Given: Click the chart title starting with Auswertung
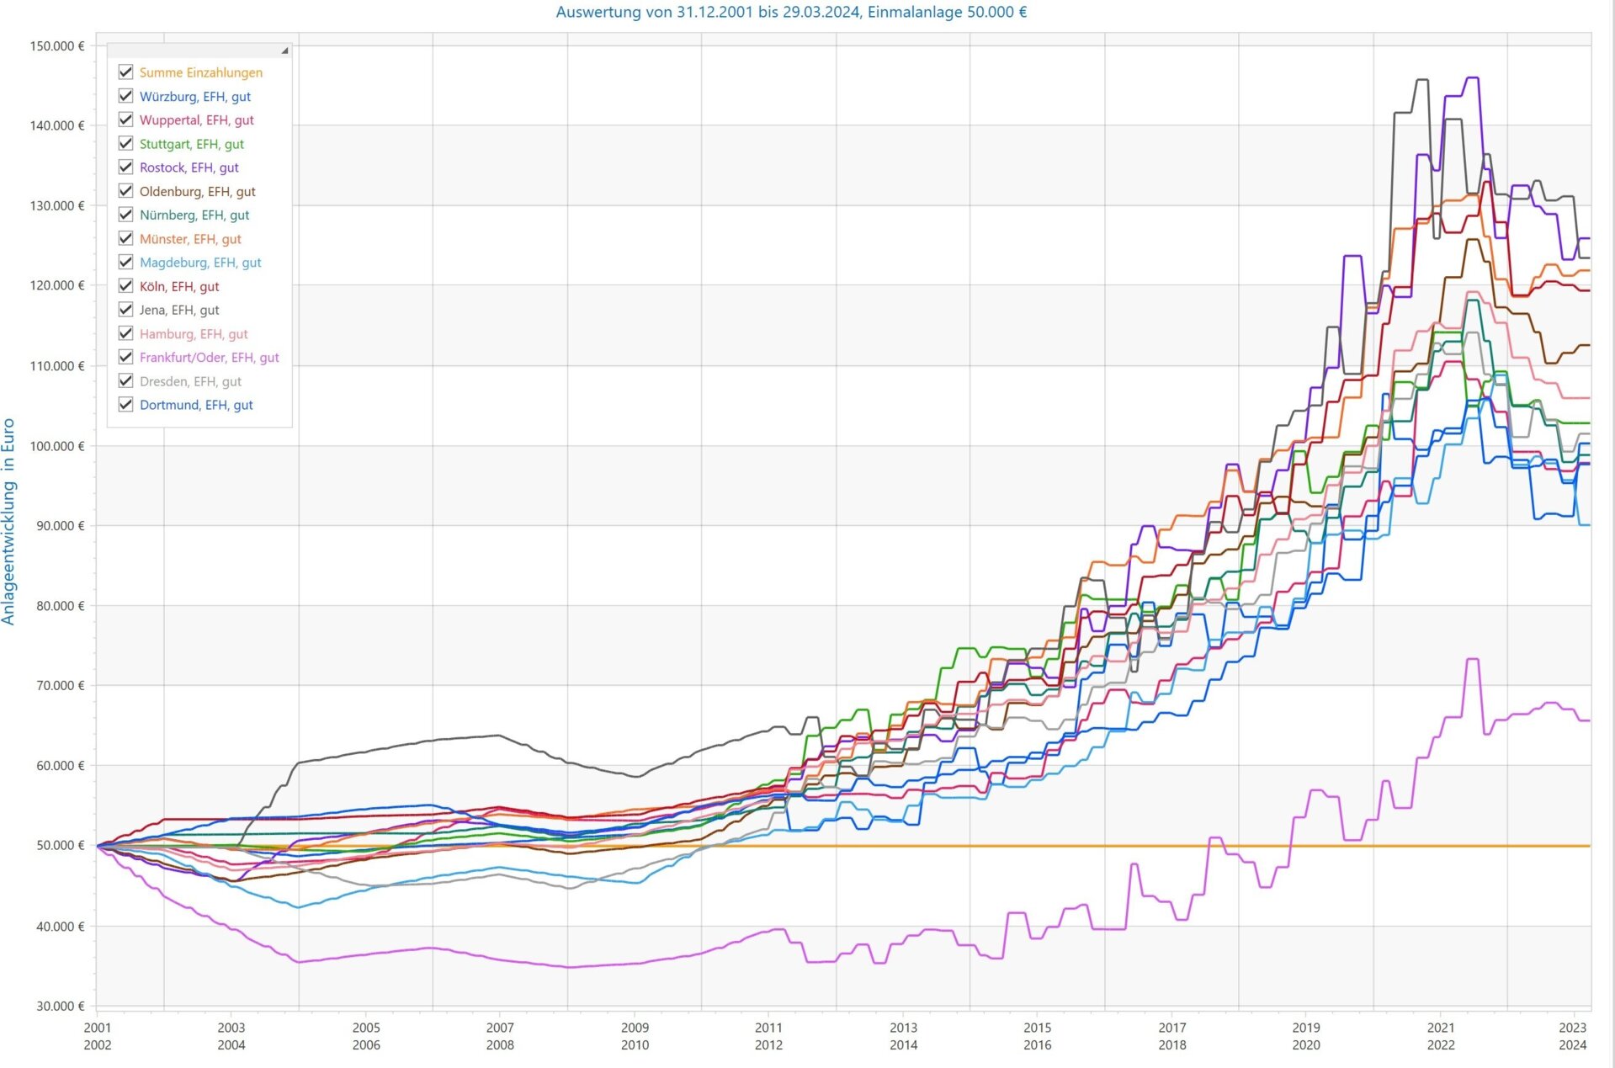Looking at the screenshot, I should tap(791, 13).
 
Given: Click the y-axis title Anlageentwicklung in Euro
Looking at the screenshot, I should tap(9, 522).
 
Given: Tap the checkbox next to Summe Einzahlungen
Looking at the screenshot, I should tap(126, 72).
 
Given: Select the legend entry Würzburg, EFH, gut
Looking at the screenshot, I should tap(194, 97).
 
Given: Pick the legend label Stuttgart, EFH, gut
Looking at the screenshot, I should tap(191, 144).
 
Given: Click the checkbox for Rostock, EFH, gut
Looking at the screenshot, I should tap(126, 167).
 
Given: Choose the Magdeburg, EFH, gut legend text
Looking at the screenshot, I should tap(200, 263).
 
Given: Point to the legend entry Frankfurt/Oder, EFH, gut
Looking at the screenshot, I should tap(209, 358).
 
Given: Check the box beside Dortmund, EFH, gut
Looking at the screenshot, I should tap(126, 405).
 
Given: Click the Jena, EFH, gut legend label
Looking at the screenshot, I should tap(179, 310).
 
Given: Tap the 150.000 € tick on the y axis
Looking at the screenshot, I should tap(57, 46).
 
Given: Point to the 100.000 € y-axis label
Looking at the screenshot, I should tap(57, 446).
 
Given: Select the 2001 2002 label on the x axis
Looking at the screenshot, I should tap(98, 1036).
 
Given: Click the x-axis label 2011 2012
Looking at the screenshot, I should tap(768, 1036).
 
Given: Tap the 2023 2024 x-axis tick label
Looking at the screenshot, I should tap(1572, 1036).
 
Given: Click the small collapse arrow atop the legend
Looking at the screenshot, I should tap(284, 50).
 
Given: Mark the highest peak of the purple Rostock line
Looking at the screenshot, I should tap(1473, 78).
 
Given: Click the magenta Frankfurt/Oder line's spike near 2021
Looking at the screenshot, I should tap(1473, 660).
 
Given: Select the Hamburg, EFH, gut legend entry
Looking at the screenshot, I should tap(194, 334).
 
